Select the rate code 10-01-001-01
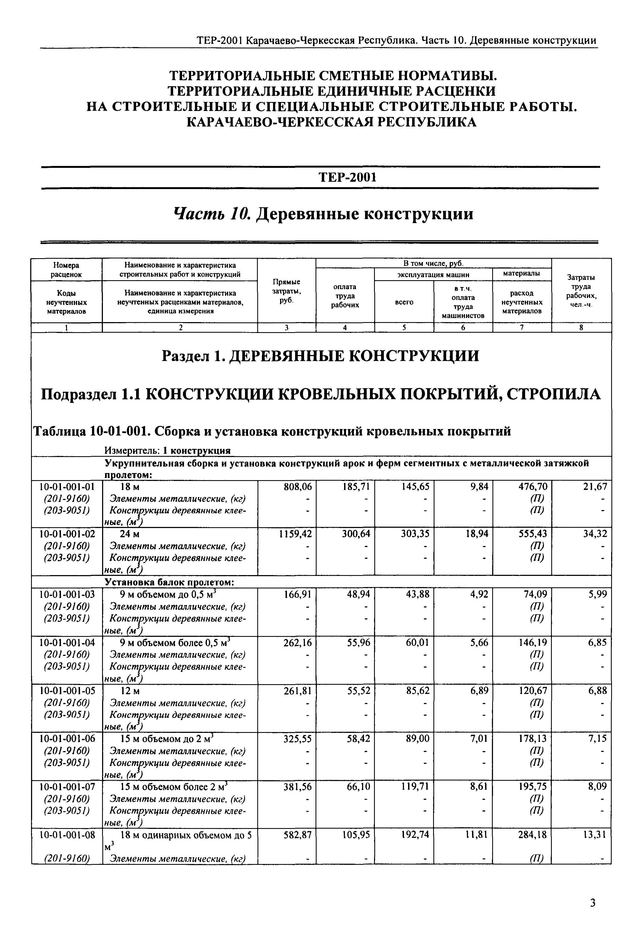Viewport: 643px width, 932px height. point(67,487)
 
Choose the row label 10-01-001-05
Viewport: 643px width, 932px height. point(67,691)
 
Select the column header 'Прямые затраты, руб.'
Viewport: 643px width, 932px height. point(286,291)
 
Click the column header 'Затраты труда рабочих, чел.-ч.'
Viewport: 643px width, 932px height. point(581,291)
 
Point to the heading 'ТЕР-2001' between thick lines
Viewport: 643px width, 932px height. point(347,178)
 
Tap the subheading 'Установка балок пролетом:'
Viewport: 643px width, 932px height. point(170,582)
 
